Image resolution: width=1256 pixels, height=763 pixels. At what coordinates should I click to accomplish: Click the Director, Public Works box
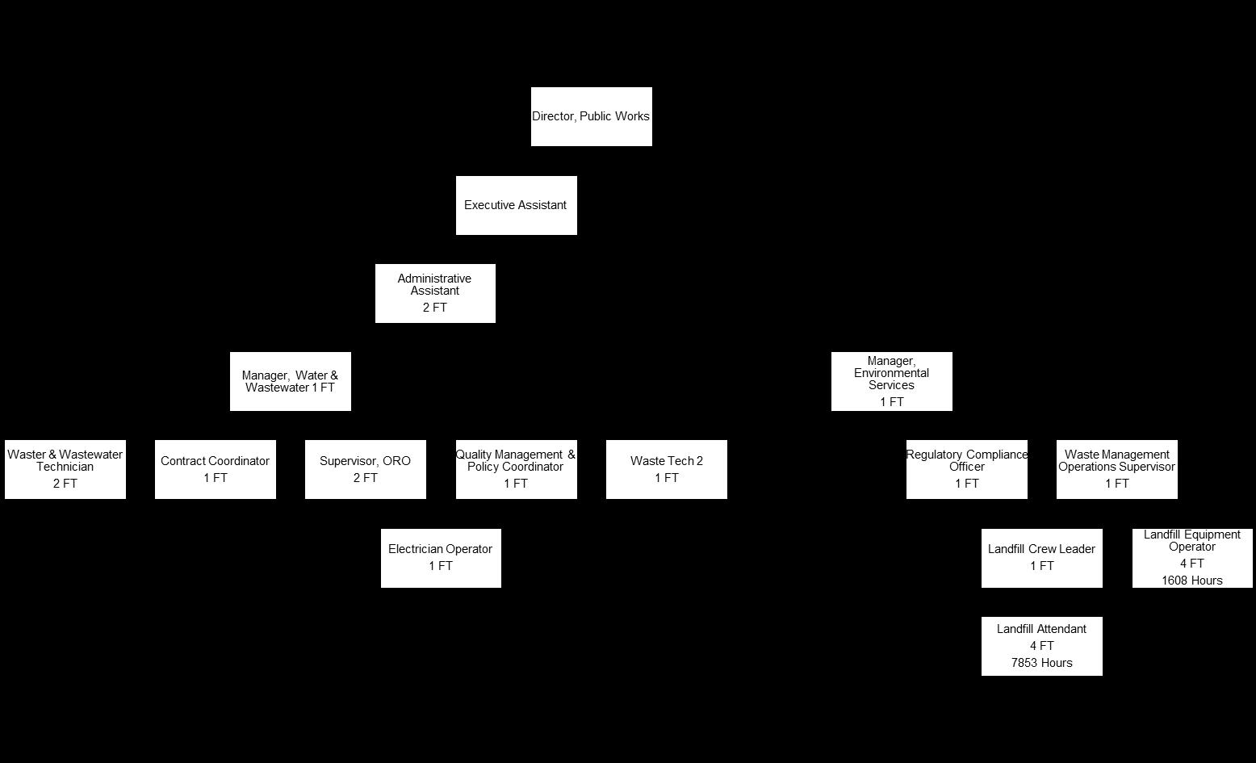click(x=591, y=116)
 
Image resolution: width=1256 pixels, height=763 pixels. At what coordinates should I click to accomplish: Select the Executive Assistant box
click(x=516, y=205)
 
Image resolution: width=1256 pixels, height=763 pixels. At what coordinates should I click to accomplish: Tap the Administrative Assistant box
click(x=435, y=293)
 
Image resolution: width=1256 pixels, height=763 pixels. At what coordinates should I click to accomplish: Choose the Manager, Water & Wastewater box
click(x=290, y=381)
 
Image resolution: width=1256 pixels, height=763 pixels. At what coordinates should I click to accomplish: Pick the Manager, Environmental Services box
click(x=891, y=381)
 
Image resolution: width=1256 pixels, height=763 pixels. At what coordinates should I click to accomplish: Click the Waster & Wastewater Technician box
click(x=65, y=469)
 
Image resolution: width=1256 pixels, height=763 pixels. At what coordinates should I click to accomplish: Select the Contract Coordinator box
click(x=215, y=469)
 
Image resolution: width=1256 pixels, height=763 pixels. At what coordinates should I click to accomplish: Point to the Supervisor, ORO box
click(x=365, y=469)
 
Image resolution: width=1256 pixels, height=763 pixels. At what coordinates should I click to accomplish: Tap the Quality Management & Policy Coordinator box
click(x=516, y=469)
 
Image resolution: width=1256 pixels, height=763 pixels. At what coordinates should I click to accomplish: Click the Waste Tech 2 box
click(x=666, y=469)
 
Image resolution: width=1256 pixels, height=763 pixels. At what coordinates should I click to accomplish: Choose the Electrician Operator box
click(x=441, y=558)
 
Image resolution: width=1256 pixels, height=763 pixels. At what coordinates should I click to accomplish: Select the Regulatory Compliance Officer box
click(x=966, y=469)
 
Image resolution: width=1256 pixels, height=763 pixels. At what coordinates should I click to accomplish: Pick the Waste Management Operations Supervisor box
click(x=1116, y=469)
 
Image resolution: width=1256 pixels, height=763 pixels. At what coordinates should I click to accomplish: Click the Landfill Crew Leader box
click(x=1041, y=558)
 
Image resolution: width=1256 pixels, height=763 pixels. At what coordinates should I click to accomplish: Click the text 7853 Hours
click(x=1041, y=663)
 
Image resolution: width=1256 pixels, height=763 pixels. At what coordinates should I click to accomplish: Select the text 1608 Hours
click(x=1192, y=581)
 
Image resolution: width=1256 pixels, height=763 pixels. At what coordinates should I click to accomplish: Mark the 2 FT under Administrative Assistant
click(x=435, y=308)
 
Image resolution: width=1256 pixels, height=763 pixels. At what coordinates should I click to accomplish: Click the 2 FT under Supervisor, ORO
click(x=365, y=478)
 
